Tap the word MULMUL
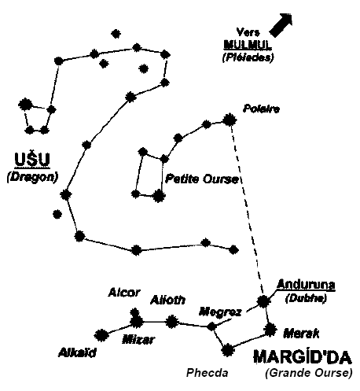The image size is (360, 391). point(248,45)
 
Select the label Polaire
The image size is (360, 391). point(261,109)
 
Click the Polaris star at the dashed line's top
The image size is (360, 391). point(230,120)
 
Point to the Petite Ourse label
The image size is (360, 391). point(202,179)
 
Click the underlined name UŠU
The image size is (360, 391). point(32,160)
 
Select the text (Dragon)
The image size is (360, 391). point(32,177)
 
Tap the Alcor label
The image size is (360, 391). point(124,292)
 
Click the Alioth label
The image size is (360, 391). point(167,300)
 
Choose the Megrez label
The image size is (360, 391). point(220,312)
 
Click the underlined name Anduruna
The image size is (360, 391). point(306,285)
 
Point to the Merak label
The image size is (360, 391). point(301,334)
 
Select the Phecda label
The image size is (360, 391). point(208,373)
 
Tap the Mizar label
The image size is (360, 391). point(138,340)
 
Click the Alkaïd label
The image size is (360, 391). point(77,352)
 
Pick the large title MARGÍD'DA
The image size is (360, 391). point(303,357)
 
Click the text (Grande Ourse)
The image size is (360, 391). point(309,373)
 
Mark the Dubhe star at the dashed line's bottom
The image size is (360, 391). point(263,301)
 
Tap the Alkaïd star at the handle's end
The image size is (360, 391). point(101,335)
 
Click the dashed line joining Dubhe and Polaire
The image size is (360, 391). point(246,210)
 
